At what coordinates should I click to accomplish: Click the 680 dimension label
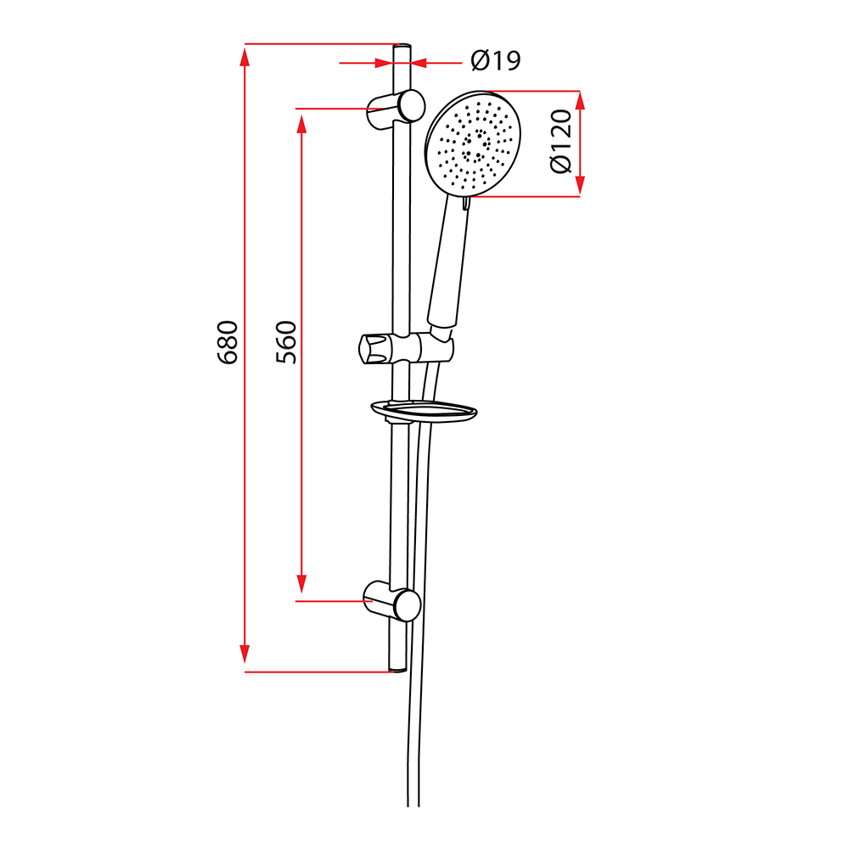pyautogui.click(x=228, y=342)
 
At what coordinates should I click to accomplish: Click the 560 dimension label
pyautogui.click(x=286, y=342)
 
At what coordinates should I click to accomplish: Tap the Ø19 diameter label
pyautogui.click(x=496, y=60)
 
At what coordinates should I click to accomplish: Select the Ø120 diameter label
pyautogui.click(x=561, y=141)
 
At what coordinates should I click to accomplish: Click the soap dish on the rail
pyautogui.click(x=424, y=410)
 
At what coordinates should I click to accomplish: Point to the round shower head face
pyautogui.click(x=473, y=142)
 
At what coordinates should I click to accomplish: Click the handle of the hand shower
pyautogui.click(x=448, y=262)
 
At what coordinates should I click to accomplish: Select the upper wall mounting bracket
pyautogui.click(x=396, y=109)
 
